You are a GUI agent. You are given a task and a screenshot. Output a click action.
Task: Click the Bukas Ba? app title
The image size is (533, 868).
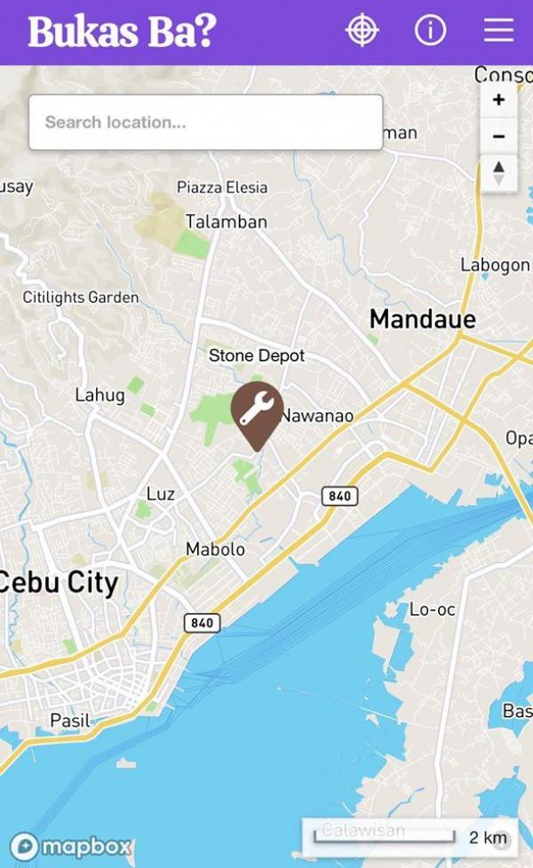point(123,31)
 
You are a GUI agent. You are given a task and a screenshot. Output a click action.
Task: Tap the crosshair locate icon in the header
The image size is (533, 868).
point(362,30)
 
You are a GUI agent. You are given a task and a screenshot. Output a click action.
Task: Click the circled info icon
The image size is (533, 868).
point(430,30)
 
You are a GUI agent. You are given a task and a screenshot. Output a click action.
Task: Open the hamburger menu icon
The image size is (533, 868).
point(498,30)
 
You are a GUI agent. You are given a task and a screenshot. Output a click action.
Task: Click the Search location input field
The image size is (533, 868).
point(205,123)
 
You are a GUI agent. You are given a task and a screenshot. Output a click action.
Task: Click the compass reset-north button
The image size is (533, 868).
point(498,172)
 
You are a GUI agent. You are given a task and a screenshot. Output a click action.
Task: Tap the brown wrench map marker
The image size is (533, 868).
point(257,411)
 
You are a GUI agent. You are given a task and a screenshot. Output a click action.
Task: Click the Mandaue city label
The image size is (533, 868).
point(422,319)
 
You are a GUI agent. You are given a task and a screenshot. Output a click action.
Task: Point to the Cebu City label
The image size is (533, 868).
point(59,583)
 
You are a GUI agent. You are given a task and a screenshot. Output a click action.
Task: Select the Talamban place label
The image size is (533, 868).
point(226,221)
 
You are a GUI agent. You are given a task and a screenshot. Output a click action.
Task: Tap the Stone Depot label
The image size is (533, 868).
point(257,355)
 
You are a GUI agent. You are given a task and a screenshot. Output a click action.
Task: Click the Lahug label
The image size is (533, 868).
point(99,395)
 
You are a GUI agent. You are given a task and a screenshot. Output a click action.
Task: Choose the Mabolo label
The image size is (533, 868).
point(215,549)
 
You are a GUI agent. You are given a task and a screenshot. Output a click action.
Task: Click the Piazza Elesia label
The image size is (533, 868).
point(221,187)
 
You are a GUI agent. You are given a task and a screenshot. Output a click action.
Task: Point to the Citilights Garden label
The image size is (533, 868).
point(81,298)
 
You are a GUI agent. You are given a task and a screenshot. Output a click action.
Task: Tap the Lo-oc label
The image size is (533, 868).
point(432,609)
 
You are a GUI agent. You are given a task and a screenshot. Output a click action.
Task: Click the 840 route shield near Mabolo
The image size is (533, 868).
point(203,623)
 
